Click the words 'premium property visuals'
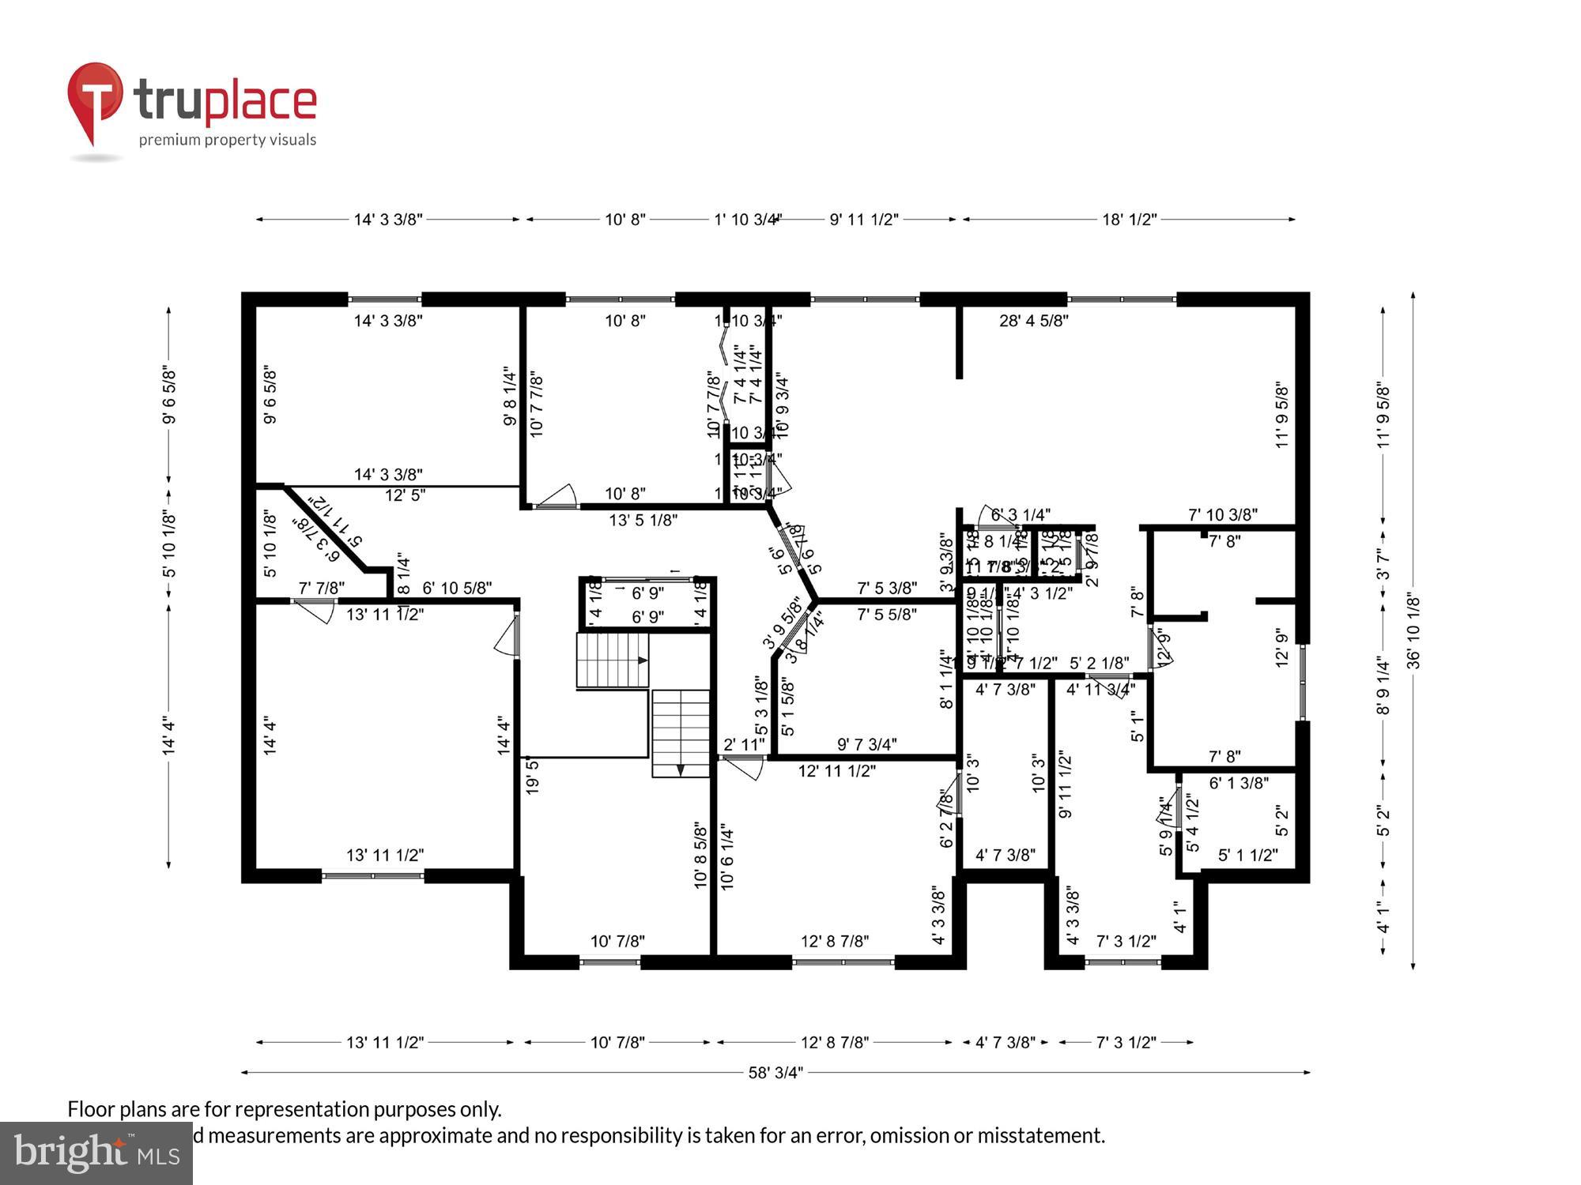pos(228,140)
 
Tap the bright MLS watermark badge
pos(96,1153)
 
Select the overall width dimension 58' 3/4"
pos(775,1072)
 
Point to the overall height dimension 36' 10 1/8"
pos(1413,632)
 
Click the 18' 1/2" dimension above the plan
pos(1129,220)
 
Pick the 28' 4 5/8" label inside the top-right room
pos(1033,320)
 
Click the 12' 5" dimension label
pos(405,495)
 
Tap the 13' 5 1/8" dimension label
pos(643,520)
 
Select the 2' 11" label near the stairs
pos(744,744)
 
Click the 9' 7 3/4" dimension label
pos(867,744)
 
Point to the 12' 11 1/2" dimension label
pos(837,770)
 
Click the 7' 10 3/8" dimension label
pos(1222,515)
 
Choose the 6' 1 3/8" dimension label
pos(1239,782)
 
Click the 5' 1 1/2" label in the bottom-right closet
pos(1247,855)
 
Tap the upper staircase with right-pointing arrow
pos(613,660)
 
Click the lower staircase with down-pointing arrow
pos(681,732)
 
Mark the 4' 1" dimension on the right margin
pos(1383,917)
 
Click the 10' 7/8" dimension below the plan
pos(617,1042)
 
